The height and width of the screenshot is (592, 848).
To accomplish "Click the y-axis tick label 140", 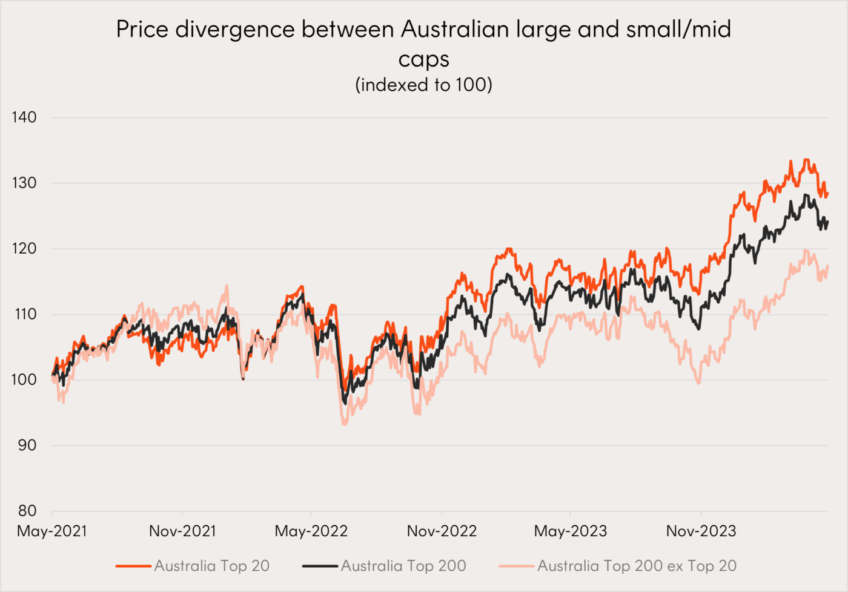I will coord(24,117).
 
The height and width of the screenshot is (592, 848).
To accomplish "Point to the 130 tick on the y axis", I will coord(24,183).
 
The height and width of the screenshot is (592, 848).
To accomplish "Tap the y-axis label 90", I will coord(27,445).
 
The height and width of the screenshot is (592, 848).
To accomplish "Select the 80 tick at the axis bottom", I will coord(27,510).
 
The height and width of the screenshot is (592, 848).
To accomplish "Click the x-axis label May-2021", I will coord(52,531).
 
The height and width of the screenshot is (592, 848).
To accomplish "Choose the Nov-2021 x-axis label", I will coord(182,531).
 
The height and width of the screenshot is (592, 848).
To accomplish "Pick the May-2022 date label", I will coord(311,531).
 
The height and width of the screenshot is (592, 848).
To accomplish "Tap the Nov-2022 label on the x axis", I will coord(442,531).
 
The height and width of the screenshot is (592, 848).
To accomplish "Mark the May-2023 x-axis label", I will coord(570,531).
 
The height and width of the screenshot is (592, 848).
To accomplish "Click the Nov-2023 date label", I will coord(701,531).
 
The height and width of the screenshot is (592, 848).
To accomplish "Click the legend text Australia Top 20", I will coord(211,566).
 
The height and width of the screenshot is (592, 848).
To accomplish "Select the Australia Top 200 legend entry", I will coord(403,566).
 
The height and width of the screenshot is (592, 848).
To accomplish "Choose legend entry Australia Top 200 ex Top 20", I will coord(637,566).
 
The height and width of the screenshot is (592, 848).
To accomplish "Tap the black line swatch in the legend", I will coord(320,566).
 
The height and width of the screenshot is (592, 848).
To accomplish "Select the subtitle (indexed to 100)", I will coord(423,85).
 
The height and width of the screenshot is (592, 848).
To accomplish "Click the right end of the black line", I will coord(827,222).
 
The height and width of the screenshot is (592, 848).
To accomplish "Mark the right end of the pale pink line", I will coord(827,266).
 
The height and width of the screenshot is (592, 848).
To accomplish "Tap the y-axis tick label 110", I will coord(24,314).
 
